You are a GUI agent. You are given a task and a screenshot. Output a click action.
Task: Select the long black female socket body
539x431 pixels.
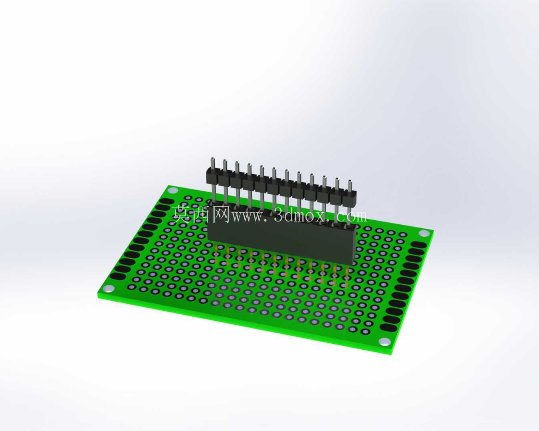[281, 243]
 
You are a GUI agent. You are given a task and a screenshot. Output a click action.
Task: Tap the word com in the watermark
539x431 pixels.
[352, 216]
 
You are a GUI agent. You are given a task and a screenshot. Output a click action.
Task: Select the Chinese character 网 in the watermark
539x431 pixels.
[221, 214]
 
